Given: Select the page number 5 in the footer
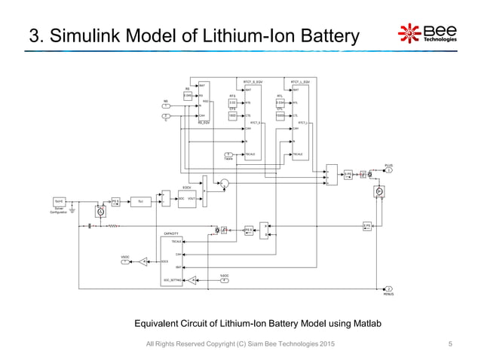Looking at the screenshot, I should pyautogui.click(x=449, y=344).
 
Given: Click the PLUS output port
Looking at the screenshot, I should pyautogui.click(x=389, y=169).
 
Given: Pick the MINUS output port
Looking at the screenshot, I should pyautogui.click(x=389, y=288).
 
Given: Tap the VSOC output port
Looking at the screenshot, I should pyautogui.click(x=126, y=261).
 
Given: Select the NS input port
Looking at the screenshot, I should pyautogui.click(x=166, y=105).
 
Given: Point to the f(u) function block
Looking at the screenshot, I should pyautogui.click(x=141, y=201).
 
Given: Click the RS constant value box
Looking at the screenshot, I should pyautogui.click(x=187, y=96).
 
